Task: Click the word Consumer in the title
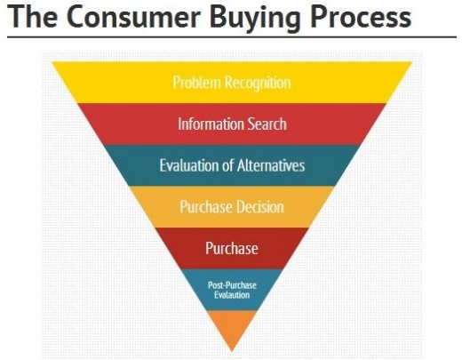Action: pos(134,17)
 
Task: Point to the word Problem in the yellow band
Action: pos(197,83)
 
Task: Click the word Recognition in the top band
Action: pos(258,83)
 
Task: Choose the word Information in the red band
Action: pos(211,124)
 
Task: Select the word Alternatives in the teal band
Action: pos(271,165)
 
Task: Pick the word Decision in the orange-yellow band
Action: pos(260,207)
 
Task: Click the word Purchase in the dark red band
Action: pos(232,248)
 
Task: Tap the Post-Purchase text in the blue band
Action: pos(232,285)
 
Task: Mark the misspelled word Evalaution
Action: pos(232,295)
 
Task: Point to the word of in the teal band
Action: pos(228,165)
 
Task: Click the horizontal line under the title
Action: pos(232,37)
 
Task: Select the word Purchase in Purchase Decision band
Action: pos(206,207)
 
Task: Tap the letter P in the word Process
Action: pos(318,17)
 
